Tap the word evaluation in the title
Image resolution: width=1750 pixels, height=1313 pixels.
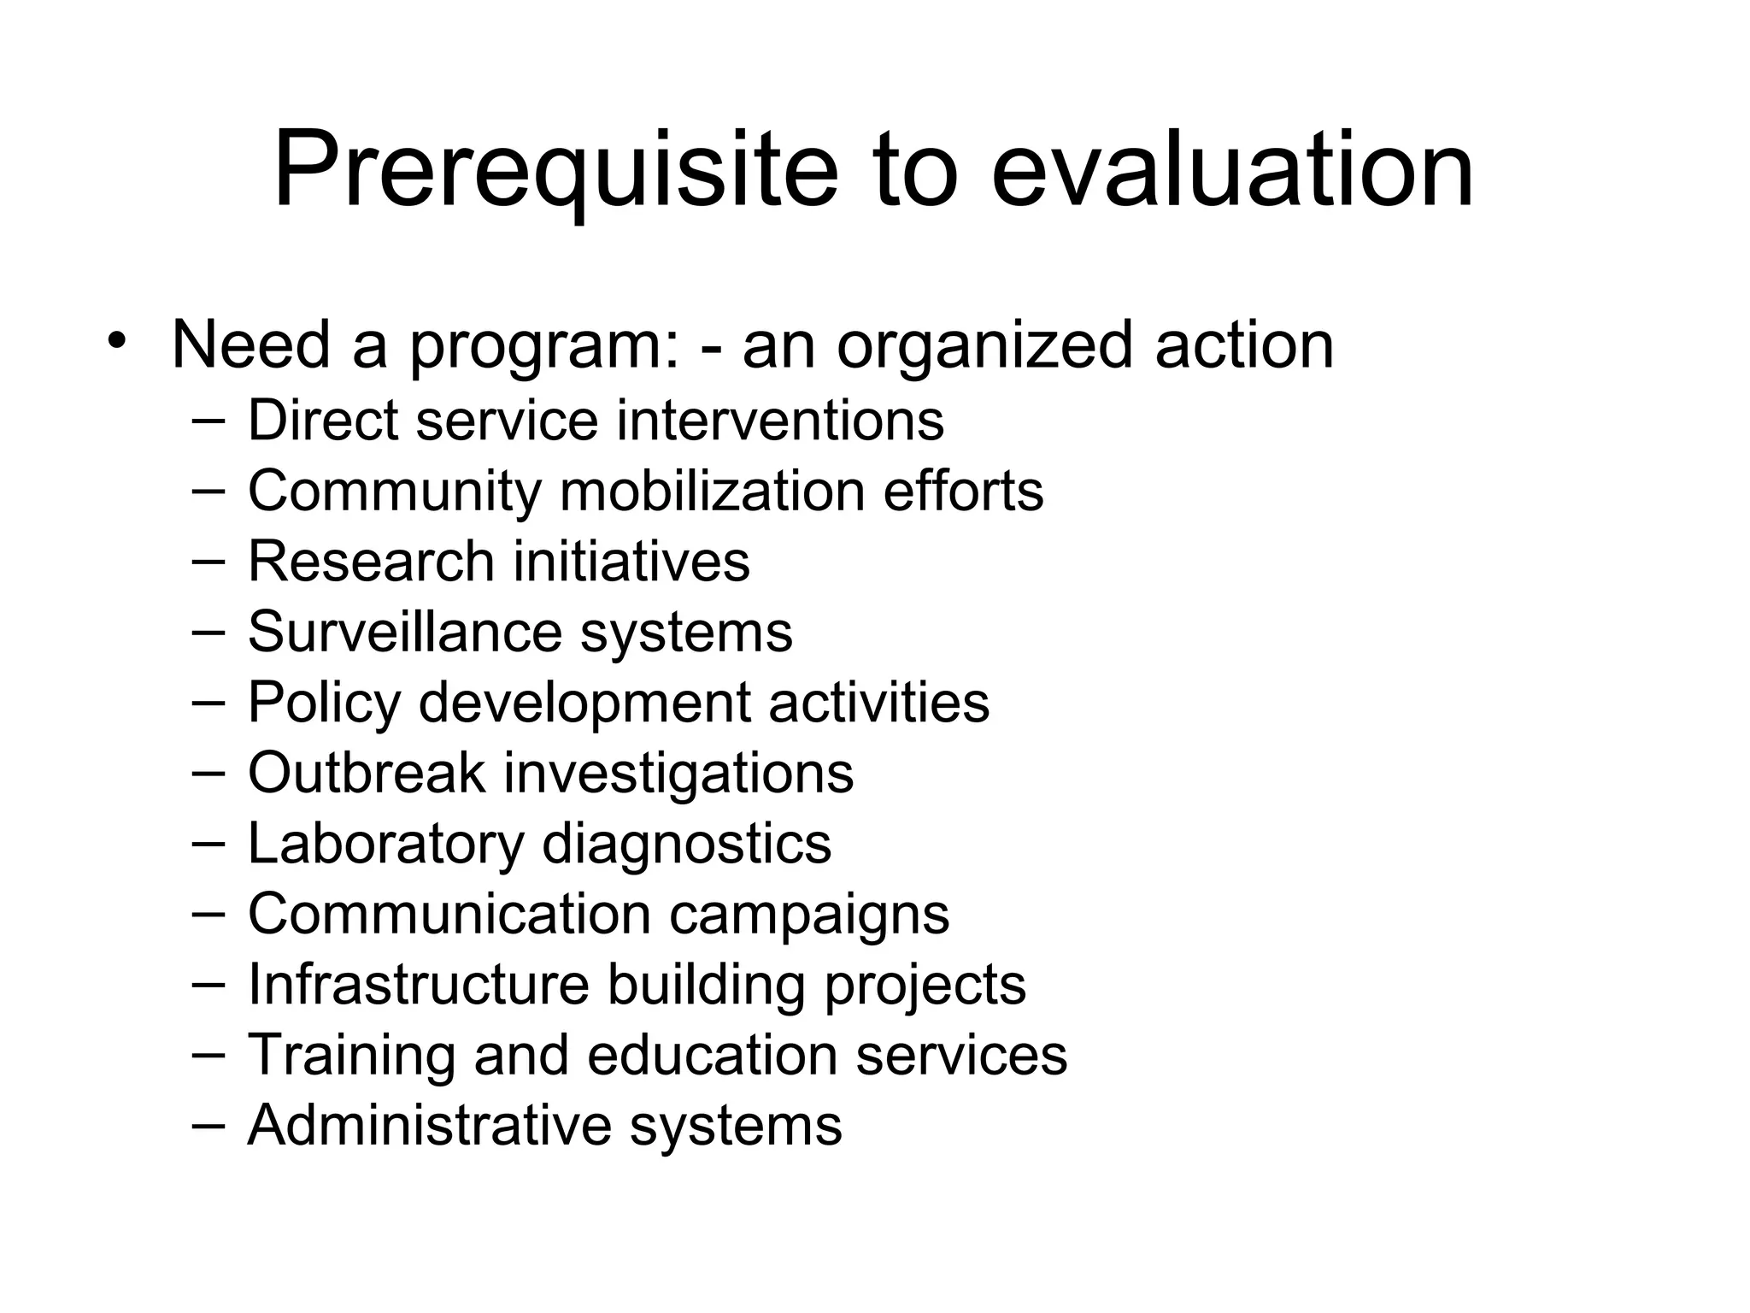[1232, 171]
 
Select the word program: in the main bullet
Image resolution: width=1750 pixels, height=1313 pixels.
[545, 346]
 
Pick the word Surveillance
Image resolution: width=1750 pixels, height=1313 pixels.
[404, 632]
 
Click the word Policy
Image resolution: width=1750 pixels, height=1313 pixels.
[324, 703]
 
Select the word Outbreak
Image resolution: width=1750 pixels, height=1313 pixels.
[367, 773]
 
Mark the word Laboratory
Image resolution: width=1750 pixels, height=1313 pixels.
[385, 844]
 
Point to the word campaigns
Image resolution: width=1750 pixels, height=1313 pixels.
[808, 915]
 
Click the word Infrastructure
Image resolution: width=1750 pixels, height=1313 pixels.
[419, 985]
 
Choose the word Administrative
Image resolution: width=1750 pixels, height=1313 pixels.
[429, 1125]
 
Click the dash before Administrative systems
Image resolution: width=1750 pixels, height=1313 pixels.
[208, 1124]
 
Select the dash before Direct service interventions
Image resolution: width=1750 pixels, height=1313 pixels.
[208, 419]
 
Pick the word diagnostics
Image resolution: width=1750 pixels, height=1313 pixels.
[686, 844]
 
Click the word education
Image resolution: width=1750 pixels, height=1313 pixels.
[712, 1055]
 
